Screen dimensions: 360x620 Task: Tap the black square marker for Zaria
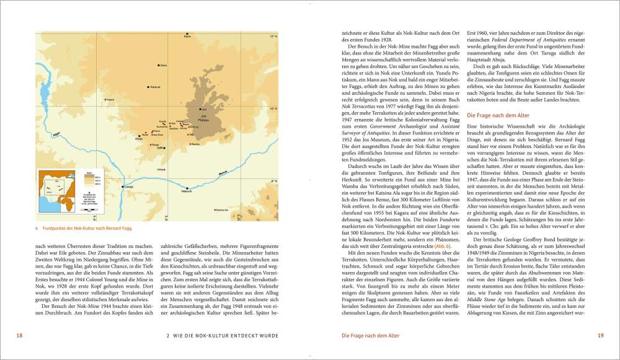point(158,65)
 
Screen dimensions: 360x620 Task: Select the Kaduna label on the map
point(155,87)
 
